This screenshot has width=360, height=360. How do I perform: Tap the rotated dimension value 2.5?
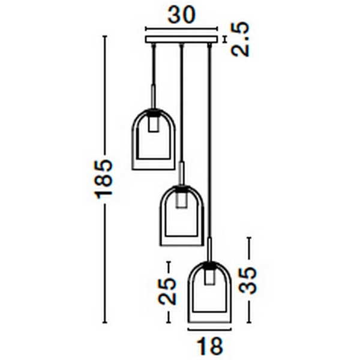pyautogui.click(x=240, y=39)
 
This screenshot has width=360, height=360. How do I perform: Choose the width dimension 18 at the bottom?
pyautogui.click(x=209, y=347)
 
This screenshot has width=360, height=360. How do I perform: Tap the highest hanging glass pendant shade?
pyautogui.click(x=154, y=141)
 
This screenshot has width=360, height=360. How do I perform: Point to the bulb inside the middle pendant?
pyautogui.click(x=181, y=200)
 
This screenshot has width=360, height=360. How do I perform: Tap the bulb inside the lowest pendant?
pyautogui.click(x=209, y=277)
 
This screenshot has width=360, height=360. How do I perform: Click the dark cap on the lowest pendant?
pyautogui.click(x=209, y=265)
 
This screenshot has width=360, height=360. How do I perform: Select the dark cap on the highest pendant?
pyautogui.click(x=154, y=112)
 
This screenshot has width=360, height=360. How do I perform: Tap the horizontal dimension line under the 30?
pyautogui.click(x=182, y=28)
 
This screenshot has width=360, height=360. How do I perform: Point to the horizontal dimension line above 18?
pyautogui.click(x=209, y=329)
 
